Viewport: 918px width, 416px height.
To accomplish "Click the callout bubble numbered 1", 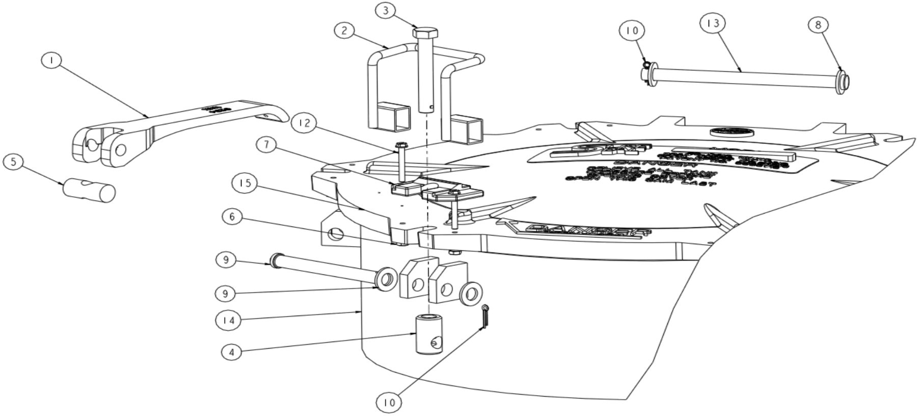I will point(51,60).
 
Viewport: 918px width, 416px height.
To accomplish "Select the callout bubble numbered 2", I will point(345,31).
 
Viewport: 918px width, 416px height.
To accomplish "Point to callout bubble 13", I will point(713,23).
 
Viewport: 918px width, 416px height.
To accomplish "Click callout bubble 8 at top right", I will point(819,25).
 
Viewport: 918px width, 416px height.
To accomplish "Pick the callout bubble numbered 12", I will point(305,123).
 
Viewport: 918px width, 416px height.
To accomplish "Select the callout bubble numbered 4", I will point(232,352).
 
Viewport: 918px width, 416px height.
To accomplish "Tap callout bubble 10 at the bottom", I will point(389,403).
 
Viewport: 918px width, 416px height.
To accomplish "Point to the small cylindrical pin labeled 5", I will point(89,191).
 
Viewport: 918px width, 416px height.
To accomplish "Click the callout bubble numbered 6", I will point(232,217).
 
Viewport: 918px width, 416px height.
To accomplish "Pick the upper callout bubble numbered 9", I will point(226,259).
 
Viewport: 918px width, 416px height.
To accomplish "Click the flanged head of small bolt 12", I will point(401,145).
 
